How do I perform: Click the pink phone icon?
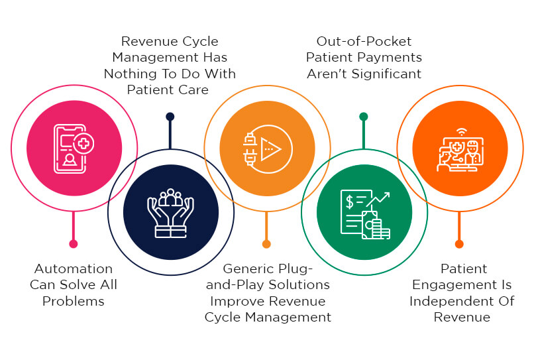tap(74, 149)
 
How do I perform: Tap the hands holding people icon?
tap(171, 213)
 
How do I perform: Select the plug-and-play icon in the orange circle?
tap(268, 149)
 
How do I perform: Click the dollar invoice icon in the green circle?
tap(365, 214)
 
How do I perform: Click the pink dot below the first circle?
tap(74, 244)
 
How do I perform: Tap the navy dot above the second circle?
tap(170, 117)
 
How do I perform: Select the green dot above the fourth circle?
tap(364, 117)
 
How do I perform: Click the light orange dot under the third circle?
tap(266, 244)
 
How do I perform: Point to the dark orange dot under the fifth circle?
tap(459, 244)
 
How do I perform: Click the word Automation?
tap(74, 269)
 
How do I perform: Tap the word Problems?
tap(74, 302)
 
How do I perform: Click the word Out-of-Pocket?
tap(364, 41)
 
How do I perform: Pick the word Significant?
tap(386, 74)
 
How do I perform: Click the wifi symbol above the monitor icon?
tap(462, 131)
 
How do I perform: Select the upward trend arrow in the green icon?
tap(378, 200)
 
